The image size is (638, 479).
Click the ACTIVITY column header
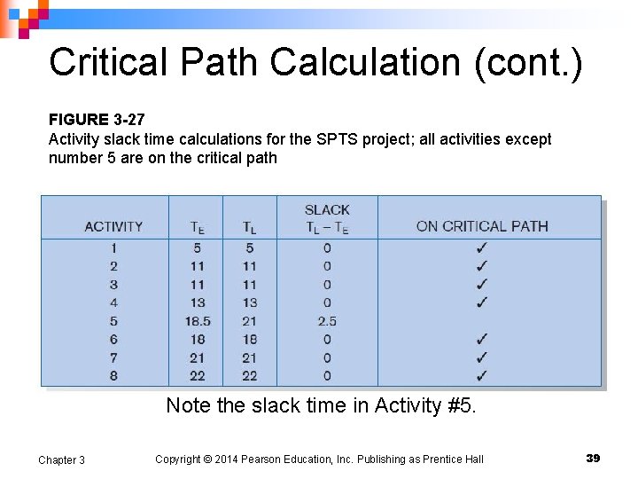(x=113, y=226)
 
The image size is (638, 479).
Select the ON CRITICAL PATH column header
(x=482, y=226)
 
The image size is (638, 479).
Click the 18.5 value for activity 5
(x=197, y=321)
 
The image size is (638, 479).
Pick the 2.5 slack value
(x=327, y=321)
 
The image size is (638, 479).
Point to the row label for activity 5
(x=113, y=321)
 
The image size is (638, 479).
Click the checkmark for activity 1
(x=481, y=247)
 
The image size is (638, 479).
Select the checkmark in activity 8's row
(x=481, y=376)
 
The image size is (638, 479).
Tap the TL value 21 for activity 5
(x=249, y=321)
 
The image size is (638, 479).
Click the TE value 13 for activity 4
(x=197, y=302)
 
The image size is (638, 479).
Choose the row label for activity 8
(x=113, y=376)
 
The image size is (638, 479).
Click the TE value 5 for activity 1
(x=197, y=247)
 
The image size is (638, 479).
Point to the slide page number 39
(x=593, y=458)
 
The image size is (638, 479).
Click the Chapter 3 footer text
(x=61, y=459)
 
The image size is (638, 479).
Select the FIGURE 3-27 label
(x=95, y=120)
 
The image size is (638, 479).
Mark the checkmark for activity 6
(x=481, y=339)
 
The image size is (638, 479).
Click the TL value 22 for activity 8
(x=249, y=376)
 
